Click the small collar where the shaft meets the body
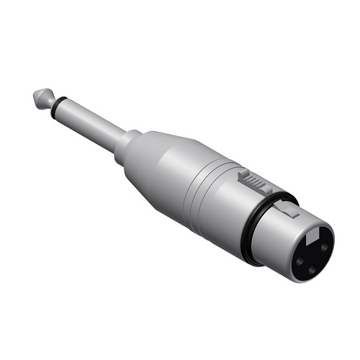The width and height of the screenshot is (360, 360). [x=130, y=140]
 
